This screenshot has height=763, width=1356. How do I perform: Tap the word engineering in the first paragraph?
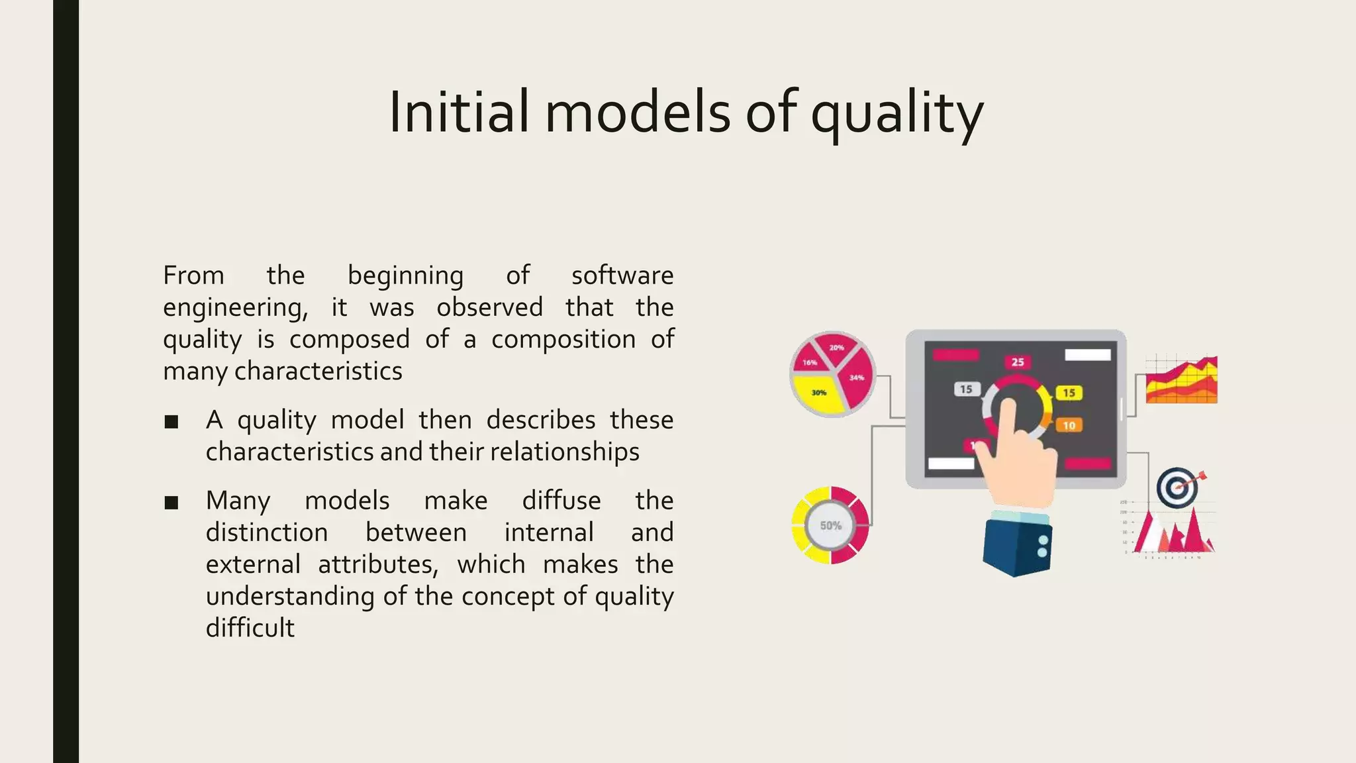click(235, 308)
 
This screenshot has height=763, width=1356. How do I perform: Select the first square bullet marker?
click(171, 422)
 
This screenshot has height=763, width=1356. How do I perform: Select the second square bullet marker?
click(171, 503)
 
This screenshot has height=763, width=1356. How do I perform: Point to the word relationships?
click(564, 452)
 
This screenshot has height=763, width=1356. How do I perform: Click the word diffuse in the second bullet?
click(561, 501)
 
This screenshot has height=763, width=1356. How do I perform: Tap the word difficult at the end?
click(250, 628)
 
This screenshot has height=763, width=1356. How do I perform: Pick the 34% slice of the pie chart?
click(857, 380)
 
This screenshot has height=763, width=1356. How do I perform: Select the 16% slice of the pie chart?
click(809, 362)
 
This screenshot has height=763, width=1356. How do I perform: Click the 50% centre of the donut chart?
click(830, 526)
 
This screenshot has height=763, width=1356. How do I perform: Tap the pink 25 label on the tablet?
click(1017, 362)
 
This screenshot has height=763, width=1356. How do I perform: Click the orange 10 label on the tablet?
click(1069, 425)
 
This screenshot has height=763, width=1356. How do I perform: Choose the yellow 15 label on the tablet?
click(1069, 393)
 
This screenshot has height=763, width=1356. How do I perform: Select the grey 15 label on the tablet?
click(966, 389)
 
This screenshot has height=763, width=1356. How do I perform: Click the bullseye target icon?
click(1177, 488)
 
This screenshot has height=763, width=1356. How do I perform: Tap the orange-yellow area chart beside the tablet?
click(1181, 381)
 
